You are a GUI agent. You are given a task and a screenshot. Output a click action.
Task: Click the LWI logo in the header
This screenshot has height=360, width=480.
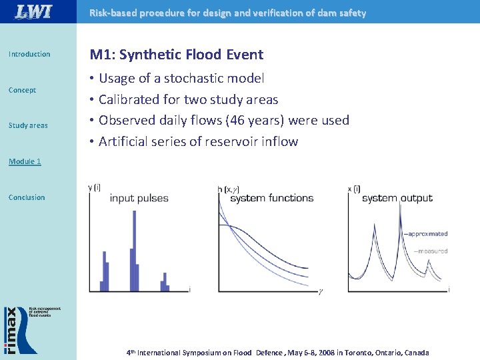pyautogui.click(x=33, y=12)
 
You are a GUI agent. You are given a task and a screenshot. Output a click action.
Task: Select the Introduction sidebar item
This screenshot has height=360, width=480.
pyautogui.click(x=29, y=54)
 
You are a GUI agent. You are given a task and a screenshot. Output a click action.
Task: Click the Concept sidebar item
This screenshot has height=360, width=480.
pyautogui.click(x=22, y=90)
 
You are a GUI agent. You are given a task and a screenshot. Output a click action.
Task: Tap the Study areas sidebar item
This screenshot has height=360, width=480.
pyautogui.click(x=28, y=125)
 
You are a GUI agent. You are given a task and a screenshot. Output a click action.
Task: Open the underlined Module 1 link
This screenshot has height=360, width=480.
pyautogui.click(x=25, y=161)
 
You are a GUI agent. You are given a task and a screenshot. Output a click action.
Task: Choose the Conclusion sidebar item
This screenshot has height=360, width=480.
pyautogui.click(x=27, y=197)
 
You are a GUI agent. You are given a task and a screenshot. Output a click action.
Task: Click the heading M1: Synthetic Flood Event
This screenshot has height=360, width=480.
pyautogui.click(x=177, y=55)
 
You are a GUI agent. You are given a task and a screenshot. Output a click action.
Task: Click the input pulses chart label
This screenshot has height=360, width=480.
pyautogui.click(x=139, y=198)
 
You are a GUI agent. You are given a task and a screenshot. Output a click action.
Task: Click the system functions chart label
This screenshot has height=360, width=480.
pyautogui.click(x=271, y=198)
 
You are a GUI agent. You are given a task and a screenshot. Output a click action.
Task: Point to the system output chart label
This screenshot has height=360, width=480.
pyautogui.click(x=397, y=198)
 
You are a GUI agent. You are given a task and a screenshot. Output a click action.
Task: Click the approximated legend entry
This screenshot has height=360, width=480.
pyautogui.click(x=427, y=234)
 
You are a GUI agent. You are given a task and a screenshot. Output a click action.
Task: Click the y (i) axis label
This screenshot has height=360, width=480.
pyautogui.click(x=94, y=188)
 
